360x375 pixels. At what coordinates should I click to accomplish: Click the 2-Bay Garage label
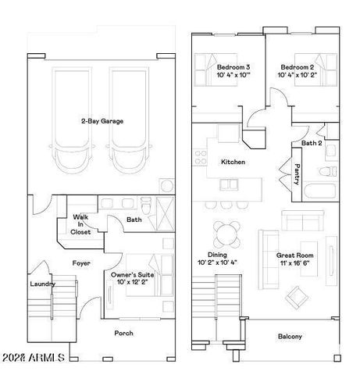pos(102,121)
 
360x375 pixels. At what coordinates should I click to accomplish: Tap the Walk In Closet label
pos(80,224)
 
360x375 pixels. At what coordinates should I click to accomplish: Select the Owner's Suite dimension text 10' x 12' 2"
pos(132,282)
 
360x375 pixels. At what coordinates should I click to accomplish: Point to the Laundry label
pos(43,284)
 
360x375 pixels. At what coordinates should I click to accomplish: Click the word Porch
pos(123,333)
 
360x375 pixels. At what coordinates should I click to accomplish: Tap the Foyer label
pos(81,263)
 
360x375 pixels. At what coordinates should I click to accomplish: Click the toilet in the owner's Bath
pos(146,205)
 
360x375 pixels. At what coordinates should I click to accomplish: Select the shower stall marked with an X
pos(165,214)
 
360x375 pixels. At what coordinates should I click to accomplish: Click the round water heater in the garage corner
pos(166,186)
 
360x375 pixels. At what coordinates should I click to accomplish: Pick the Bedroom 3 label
pos(233,67)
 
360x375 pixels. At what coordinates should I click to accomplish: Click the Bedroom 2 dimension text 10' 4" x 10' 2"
pos(297,75)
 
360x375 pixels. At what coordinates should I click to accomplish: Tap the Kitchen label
pos(233,162)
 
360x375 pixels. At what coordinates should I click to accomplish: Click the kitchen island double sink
pos(229,185)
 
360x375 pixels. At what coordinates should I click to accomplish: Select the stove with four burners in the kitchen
pos(200,157)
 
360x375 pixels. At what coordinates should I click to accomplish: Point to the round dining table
pos(226,234)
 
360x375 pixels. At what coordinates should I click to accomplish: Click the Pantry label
pos(297,174)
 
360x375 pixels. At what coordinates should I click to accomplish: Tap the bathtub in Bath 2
pos(320,192)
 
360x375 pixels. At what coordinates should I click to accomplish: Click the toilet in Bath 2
pos(328,172)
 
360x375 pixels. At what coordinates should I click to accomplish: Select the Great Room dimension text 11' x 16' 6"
pos(294,263)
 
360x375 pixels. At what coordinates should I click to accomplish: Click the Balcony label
pos(290,337)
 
